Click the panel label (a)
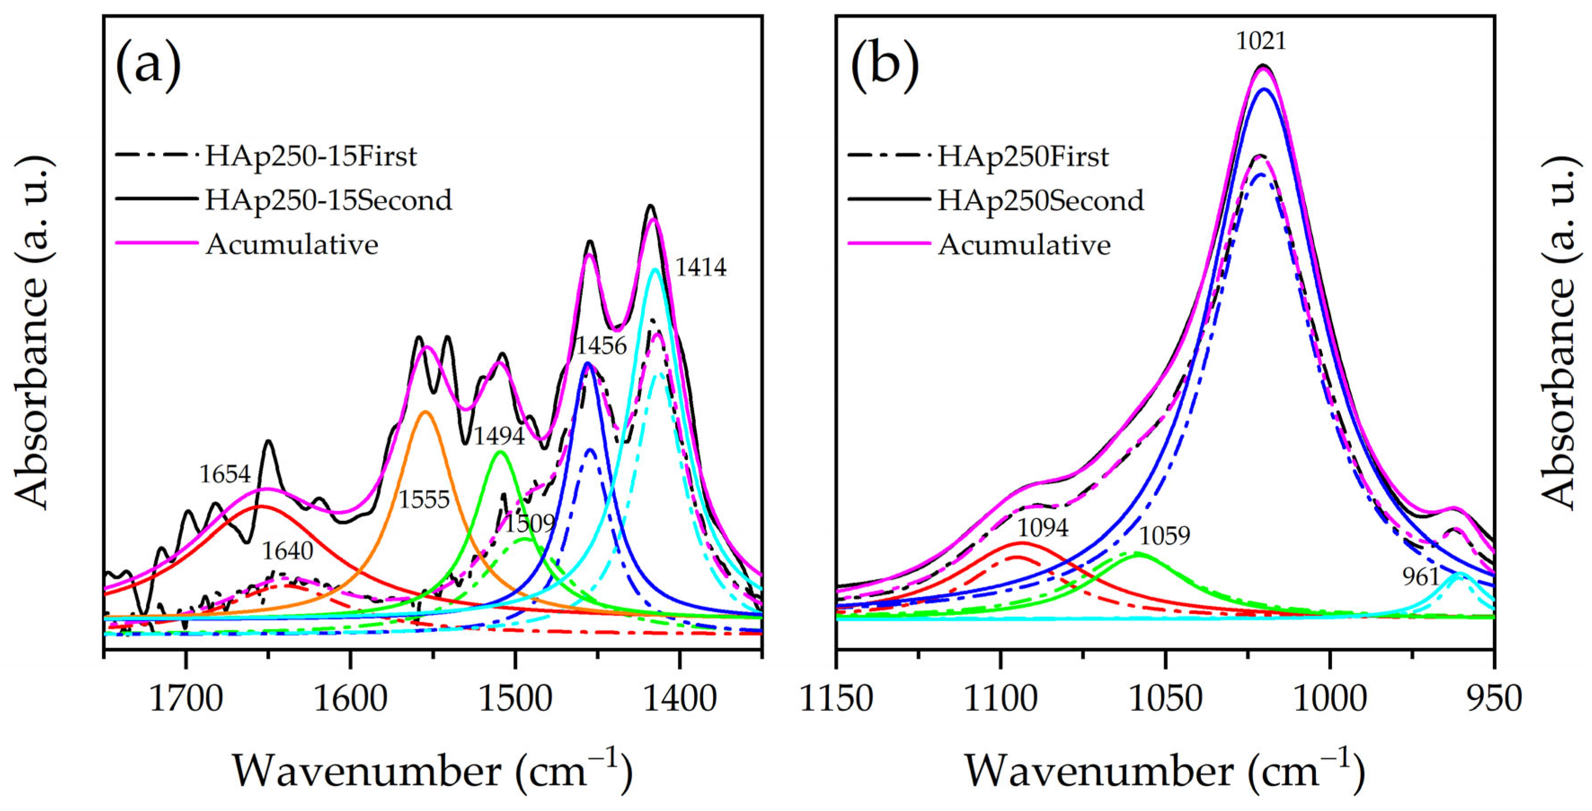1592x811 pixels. [x=148, y=65]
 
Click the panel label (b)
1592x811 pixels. [x=884, y=65]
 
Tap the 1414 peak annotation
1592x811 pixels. [x=700, y=268]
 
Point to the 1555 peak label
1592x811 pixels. [x=423, y=499]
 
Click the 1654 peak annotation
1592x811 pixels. [x=224, y=475]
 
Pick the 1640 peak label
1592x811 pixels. [x=287, y=551]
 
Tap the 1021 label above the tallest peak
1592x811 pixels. [x=1261, y=41]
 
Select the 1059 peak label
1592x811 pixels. [x=1164, y=536]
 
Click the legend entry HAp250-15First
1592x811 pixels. [x=311, y=156]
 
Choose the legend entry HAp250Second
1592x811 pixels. [x=1040, y=201]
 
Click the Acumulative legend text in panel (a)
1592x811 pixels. [x=292, y=245]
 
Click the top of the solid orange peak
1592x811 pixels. [x=425, y=412]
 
